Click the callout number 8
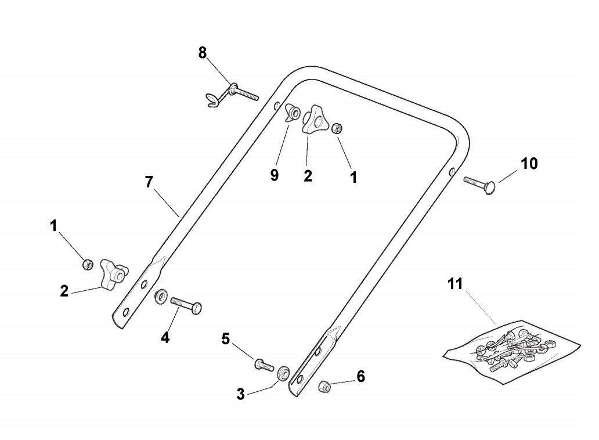click(x=202, y=53)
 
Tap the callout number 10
click(x=529, y=164)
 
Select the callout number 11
click(x=456, y=284)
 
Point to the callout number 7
click(x=149, y=182)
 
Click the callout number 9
click(x=275, y=175)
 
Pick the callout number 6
click(x=360, y=377)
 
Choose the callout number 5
click(x=226, y=339)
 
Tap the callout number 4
click(x=165, y=337)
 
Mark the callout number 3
click(x=241, y=395)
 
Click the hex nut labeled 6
click(x=325, y=385)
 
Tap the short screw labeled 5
click(x=264, y=366)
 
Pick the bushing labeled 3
click(x=284, y=373)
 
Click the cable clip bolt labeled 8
click(x=238, y=91)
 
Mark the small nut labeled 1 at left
click(x=88, y=264)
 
